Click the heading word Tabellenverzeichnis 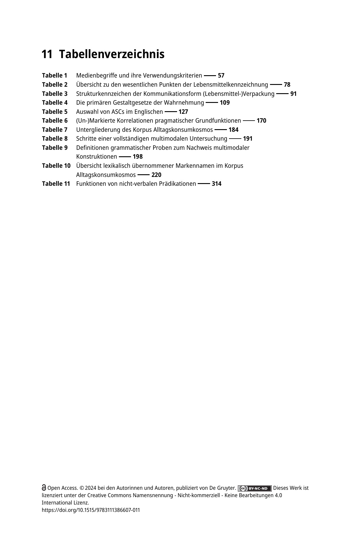112,55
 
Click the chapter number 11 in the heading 47,55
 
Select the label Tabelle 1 55,75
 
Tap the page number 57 221,75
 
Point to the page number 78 287,85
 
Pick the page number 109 225,103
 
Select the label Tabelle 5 55,112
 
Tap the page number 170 261,121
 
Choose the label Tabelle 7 55,130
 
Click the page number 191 248,139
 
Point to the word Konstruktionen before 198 96,157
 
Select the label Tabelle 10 56,166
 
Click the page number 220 156,175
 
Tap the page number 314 216,184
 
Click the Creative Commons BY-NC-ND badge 254,488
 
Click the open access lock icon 44,488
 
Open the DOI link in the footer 91,510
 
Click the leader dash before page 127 171,112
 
